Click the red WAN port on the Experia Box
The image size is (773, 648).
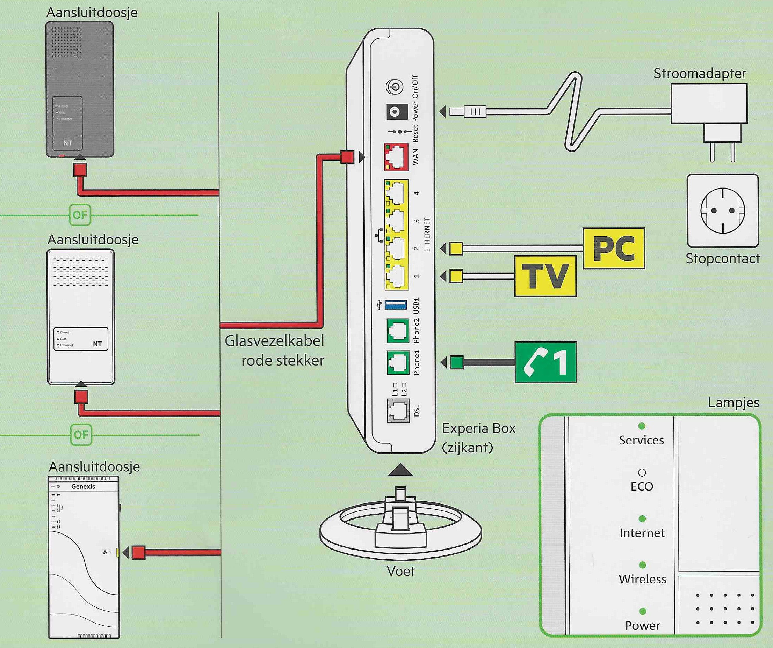(396, 157)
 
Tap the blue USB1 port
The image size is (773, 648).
(396, 304)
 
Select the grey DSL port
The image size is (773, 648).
(398, 411)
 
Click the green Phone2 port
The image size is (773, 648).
(398, 331)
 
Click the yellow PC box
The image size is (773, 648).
(614, 248)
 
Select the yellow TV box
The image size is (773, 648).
(545, 276)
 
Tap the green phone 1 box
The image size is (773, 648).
(546, 363)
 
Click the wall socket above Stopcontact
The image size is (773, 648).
(723, 211)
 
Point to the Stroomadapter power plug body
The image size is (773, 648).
(709, 104)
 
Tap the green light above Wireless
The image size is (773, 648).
(642, 565)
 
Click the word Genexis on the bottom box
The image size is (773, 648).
(83, 487)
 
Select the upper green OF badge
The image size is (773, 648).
(80, 215)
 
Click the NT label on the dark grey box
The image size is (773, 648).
(68, 143)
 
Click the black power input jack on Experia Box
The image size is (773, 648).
(396, 112)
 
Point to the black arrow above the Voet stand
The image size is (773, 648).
(400, 470)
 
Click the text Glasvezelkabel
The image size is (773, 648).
(274, 341)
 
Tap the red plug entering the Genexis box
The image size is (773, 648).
(138, 553)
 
